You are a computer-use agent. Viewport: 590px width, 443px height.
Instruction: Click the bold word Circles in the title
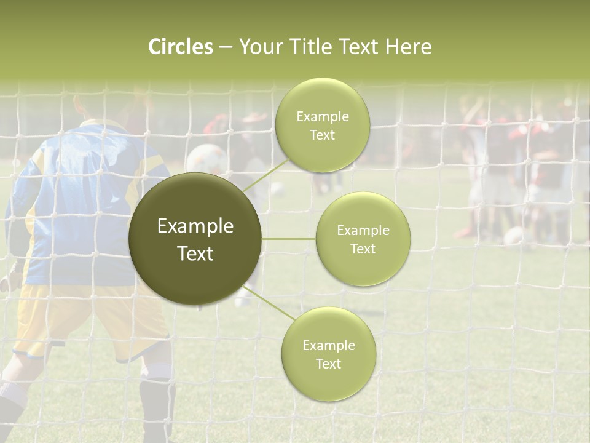coord(181,47)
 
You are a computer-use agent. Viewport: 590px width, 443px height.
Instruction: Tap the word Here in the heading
coord(408,47)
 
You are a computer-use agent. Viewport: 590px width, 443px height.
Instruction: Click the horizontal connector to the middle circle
coord(289,239)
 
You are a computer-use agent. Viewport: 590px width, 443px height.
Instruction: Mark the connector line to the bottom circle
coord(270,304)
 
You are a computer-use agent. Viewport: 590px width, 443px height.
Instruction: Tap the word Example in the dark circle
coord(195,226)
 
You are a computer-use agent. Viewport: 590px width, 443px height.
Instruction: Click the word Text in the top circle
coord(322,135)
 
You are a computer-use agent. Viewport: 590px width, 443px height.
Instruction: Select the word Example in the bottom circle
coord(328,345)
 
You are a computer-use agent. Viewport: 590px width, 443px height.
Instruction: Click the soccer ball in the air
coord(206,159)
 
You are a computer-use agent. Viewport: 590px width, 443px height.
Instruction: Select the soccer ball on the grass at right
coord(514,235)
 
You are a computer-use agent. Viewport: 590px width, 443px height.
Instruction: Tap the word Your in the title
coord(257,47)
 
